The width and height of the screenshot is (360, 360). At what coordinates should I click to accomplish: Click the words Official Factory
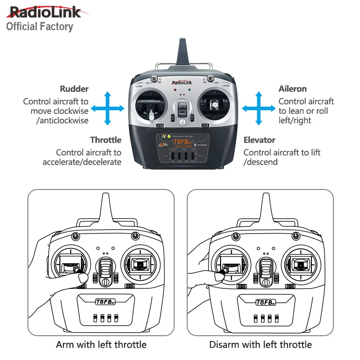coord(40,27)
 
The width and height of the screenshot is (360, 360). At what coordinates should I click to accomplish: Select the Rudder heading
coord(74,89)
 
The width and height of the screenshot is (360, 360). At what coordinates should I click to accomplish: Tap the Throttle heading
coord(106,140)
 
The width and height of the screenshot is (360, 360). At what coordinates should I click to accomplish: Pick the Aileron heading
coord(292,89)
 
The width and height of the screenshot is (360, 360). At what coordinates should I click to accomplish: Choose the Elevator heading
coord(259,140)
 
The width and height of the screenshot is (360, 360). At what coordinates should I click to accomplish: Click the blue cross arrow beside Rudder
coord(108,108)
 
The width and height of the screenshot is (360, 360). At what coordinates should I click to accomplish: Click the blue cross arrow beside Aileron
coord(258,108)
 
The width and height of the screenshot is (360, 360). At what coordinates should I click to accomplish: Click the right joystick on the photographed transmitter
coord(215,104)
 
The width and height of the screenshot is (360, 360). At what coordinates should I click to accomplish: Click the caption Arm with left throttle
coord(101,345)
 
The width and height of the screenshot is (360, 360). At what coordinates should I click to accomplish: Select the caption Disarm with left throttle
coord(260,345)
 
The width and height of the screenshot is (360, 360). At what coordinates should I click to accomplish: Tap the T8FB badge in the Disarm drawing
coord(265,302)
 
